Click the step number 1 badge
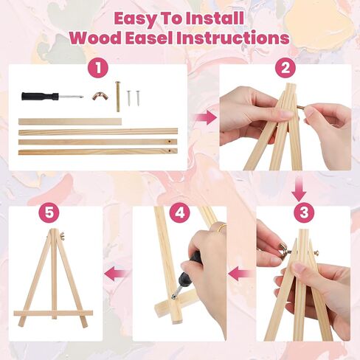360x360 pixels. click(96, 69)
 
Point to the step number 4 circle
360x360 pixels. click(179, 212)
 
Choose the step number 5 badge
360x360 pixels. click(49, 212)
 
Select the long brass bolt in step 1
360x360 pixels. click(117, 96)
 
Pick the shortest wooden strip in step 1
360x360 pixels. click(69, 121)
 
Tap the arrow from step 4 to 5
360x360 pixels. click(114, 274)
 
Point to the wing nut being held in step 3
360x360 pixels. click(283, 252)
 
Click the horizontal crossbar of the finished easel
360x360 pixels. click(53, 314)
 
